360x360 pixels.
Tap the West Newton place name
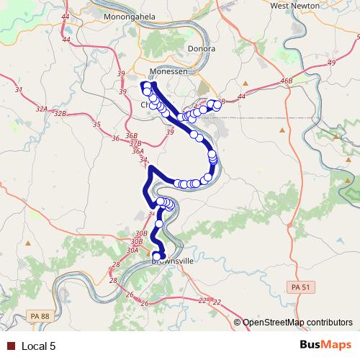294,5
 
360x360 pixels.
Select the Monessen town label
168,73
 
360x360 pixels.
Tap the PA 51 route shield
303,287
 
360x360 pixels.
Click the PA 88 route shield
40,315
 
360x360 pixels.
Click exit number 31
19,90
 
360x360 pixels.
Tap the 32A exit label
41,109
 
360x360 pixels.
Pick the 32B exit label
60,114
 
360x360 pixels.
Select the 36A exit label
138,152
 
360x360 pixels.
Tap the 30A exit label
132,250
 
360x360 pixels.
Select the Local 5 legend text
39,346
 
